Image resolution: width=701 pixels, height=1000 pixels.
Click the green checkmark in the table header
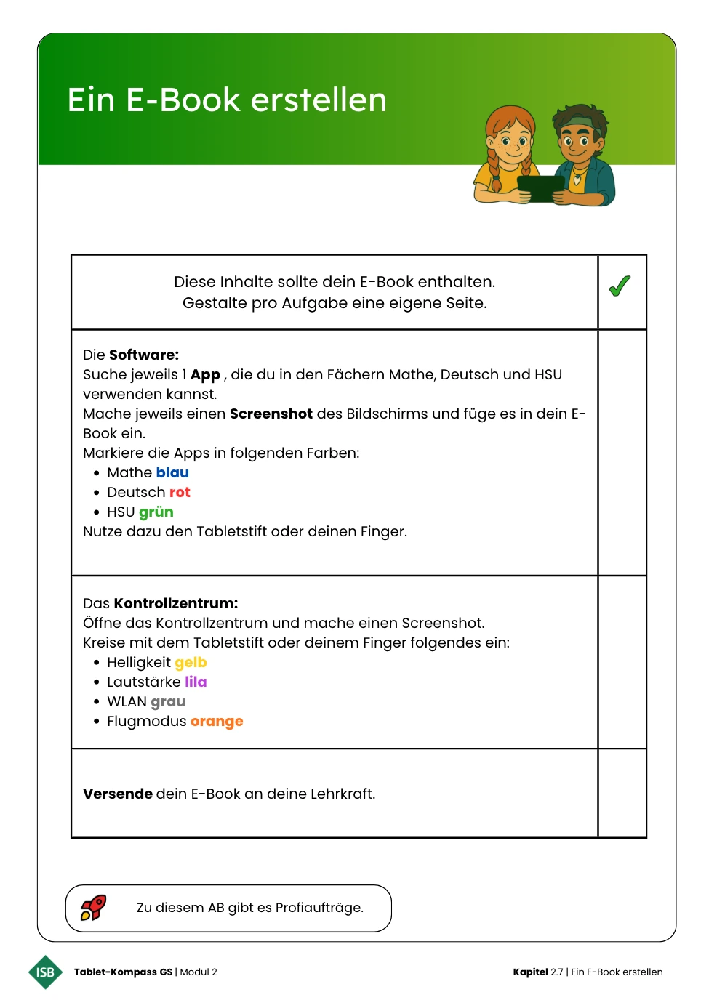point(620,286)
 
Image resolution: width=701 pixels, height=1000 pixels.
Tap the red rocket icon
point(93,907)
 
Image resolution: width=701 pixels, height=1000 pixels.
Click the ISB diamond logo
point(45,972)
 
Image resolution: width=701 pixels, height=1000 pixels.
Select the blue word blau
point(172,472)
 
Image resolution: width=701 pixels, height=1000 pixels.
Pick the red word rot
point(180,492)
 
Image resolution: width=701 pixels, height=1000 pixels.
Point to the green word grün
point(156,512)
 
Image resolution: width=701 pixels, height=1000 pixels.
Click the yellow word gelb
point(191,662)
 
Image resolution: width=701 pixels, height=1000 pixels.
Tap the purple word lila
point(196,682)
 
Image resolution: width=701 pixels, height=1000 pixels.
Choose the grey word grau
point(168,701)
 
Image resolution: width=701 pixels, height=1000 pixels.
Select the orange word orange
point(217,721)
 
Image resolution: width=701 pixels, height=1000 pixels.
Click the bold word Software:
point(144,355)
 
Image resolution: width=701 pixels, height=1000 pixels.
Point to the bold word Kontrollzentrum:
point(176,603)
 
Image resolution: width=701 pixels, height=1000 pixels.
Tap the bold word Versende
point(118,794)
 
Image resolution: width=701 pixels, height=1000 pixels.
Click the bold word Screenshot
point(271,414)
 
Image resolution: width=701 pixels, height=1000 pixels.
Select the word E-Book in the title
point(183,100)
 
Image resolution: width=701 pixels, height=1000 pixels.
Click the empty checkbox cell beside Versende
point(622,793)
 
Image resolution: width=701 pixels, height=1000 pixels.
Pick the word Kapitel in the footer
point(530,972)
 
